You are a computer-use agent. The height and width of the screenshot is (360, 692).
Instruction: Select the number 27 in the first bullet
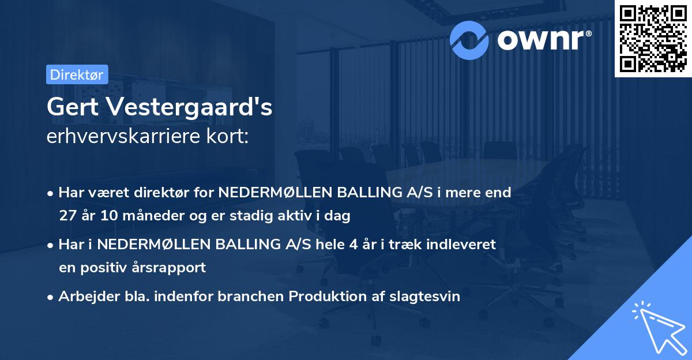[x=67, y=216]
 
